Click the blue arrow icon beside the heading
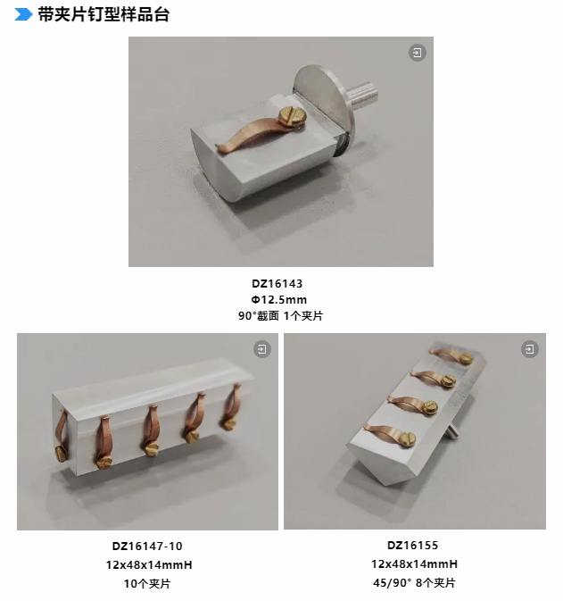click(23, 14)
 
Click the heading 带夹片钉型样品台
click(103, 14)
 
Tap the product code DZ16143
click(277, 284)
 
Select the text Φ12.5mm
click(278, 300)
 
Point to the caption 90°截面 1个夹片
click(281, 316)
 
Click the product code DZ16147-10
click(147, 547)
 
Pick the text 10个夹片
click(147, 583)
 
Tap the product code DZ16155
click(412, 546)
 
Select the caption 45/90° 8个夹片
click(414, 582)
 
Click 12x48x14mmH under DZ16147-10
click(149, 565)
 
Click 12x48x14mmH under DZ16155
click(414, 564)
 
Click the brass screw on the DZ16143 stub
click(293, 116)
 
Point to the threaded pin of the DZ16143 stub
click(363, 95)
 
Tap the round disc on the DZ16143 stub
click(323, 100)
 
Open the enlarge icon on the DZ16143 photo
click(417, 53)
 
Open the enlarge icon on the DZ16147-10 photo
click(262, 349)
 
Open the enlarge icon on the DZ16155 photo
click(530, 349)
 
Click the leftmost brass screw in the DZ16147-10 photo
click(61, 454)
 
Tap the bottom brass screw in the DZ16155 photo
click(407, 438)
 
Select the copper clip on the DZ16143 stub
click(253, 134)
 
